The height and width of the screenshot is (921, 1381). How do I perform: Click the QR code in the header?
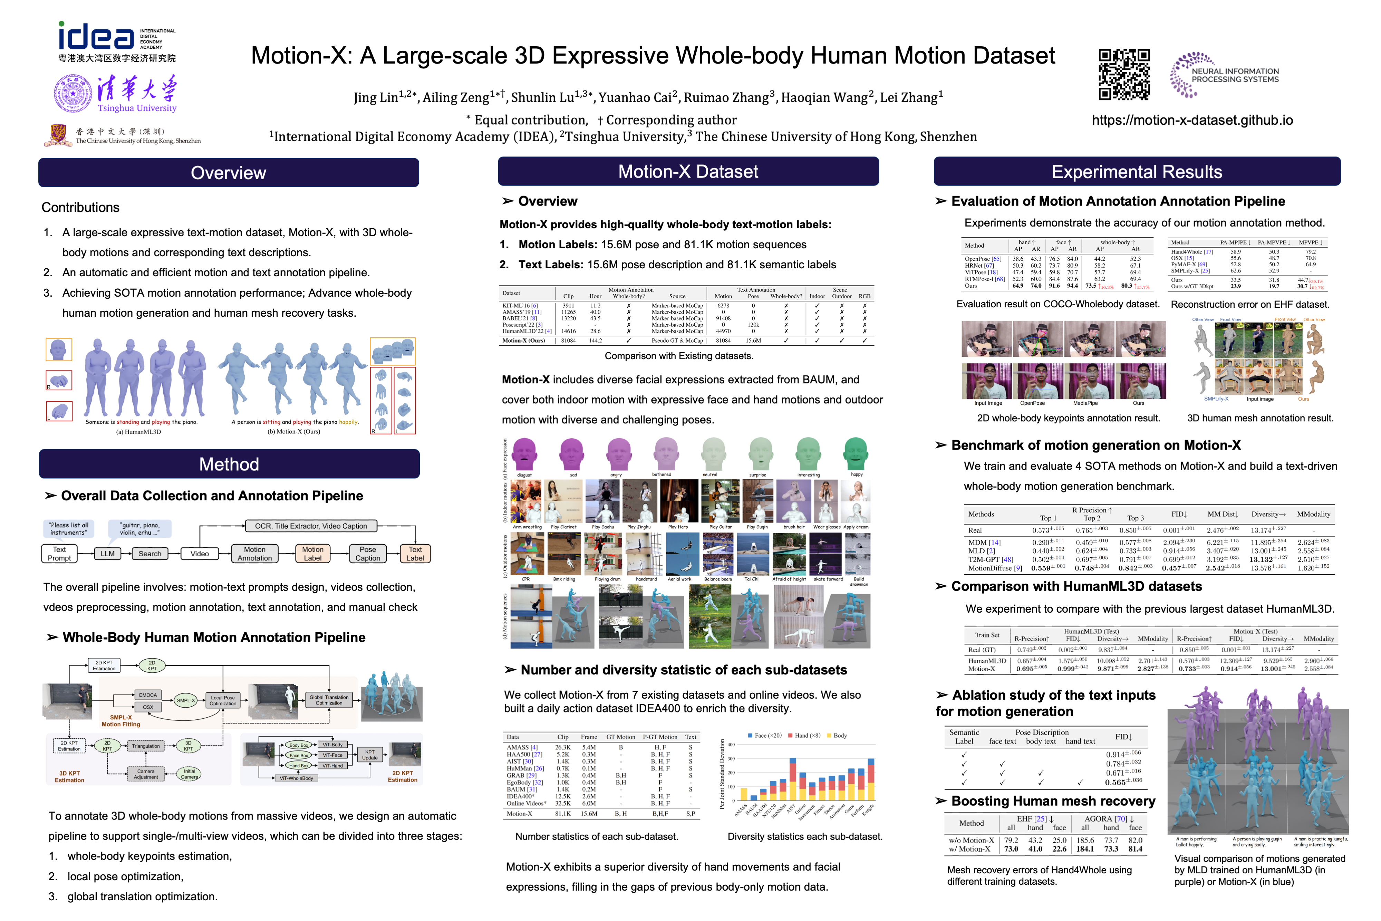pyautogui.click(x=1124, y=75)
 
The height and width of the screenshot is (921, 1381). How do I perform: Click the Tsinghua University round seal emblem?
pyautogui.click(x=73, y=93)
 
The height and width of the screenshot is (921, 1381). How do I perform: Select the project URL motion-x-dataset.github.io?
pyautogui.click(x=1192, y=121)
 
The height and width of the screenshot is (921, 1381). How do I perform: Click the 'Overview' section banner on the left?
pyautogui.click(x=229, y=173)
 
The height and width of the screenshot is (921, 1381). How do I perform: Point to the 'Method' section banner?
pyautogui.click(x=229, y=464)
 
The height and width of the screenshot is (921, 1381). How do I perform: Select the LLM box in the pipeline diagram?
pyautogui.click(x=107, y=553)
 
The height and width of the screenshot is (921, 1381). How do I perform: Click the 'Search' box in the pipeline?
pyautogui.click(x=150, y=553)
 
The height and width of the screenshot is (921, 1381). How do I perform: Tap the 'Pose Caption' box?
pyautogui.click(x=368, y=553)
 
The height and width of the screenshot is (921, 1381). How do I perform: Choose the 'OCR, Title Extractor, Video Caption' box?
pyautogui.click(x=311, y=526)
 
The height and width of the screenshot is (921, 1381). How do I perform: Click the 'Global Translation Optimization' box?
pyautogui.click(x=329, y=700)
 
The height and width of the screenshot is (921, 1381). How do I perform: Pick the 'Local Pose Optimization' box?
pyautogui.click(x=223, y=700)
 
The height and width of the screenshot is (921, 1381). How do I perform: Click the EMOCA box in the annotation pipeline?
pyautogui.click(x=148, y=695)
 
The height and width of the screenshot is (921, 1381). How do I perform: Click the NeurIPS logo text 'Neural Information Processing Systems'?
pyautogui.click(x=1235, y=75)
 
